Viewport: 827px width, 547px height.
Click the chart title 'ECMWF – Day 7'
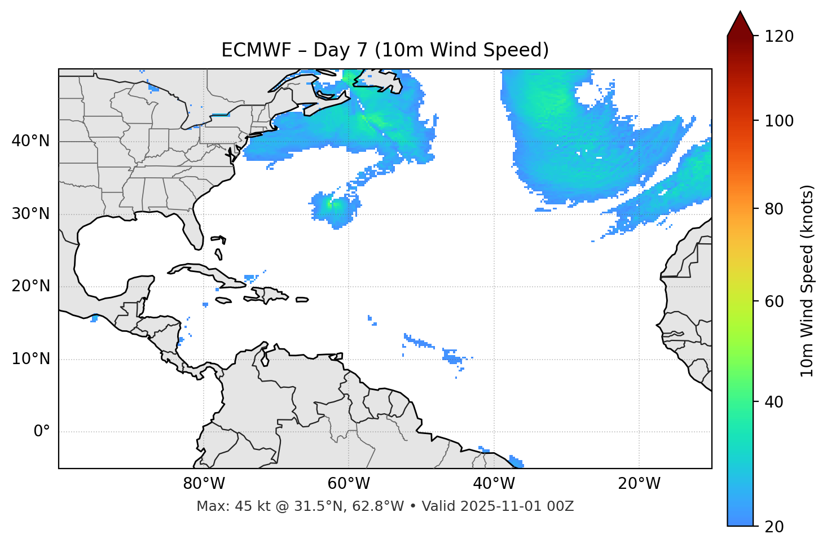pos(385,50)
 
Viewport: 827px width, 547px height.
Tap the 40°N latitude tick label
pos(30,141)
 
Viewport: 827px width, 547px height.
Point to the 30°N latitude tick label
pos(30,214)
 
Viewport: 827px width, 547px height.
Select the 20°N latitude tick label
pos(30,286)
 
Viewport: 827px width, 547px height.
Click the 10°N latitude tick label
pos(30,359)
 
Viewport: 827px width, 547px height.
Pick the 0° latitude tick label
pos(41,432)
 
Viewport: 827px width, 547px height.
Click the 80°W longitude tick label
pos(204,484)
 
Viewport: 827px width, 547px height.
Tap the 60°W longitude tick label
pos(349,484)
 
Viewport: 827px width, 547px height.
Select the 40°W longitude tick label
pos(494,484)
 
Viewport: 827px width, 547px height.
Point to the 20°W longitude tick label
pos(639,484)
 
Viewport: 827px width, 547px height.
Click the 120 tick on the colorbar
pos(778,37)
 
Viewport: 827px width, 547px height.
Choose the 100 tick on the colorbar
pos(778,121)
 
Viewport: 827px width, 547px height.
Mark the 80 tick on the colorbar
pos(774,209)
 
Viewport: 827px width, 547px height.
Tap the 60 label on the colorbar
pos(774,301)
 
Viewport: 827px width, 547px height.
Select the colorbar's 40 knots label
pos(774,402)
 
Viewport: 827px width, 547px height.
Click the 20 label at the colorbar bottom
pos(774,527)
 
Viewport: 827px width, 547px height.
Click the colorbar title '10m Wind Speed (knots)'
pos(807,281)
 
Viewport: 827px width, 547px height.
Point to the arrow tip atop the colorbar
pos(740,12)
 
